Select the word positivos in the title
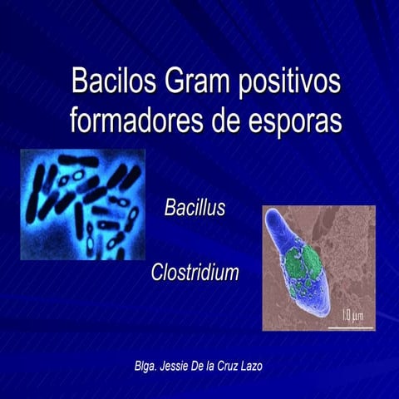290,84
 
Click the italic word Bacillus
195,209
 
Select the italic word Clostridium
195,273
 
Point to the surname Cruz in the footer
238,366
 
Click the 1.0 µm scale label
352,315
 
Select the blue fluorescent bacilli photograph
82,204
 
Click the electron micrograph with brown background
318,268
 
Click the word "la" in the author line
218,366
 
